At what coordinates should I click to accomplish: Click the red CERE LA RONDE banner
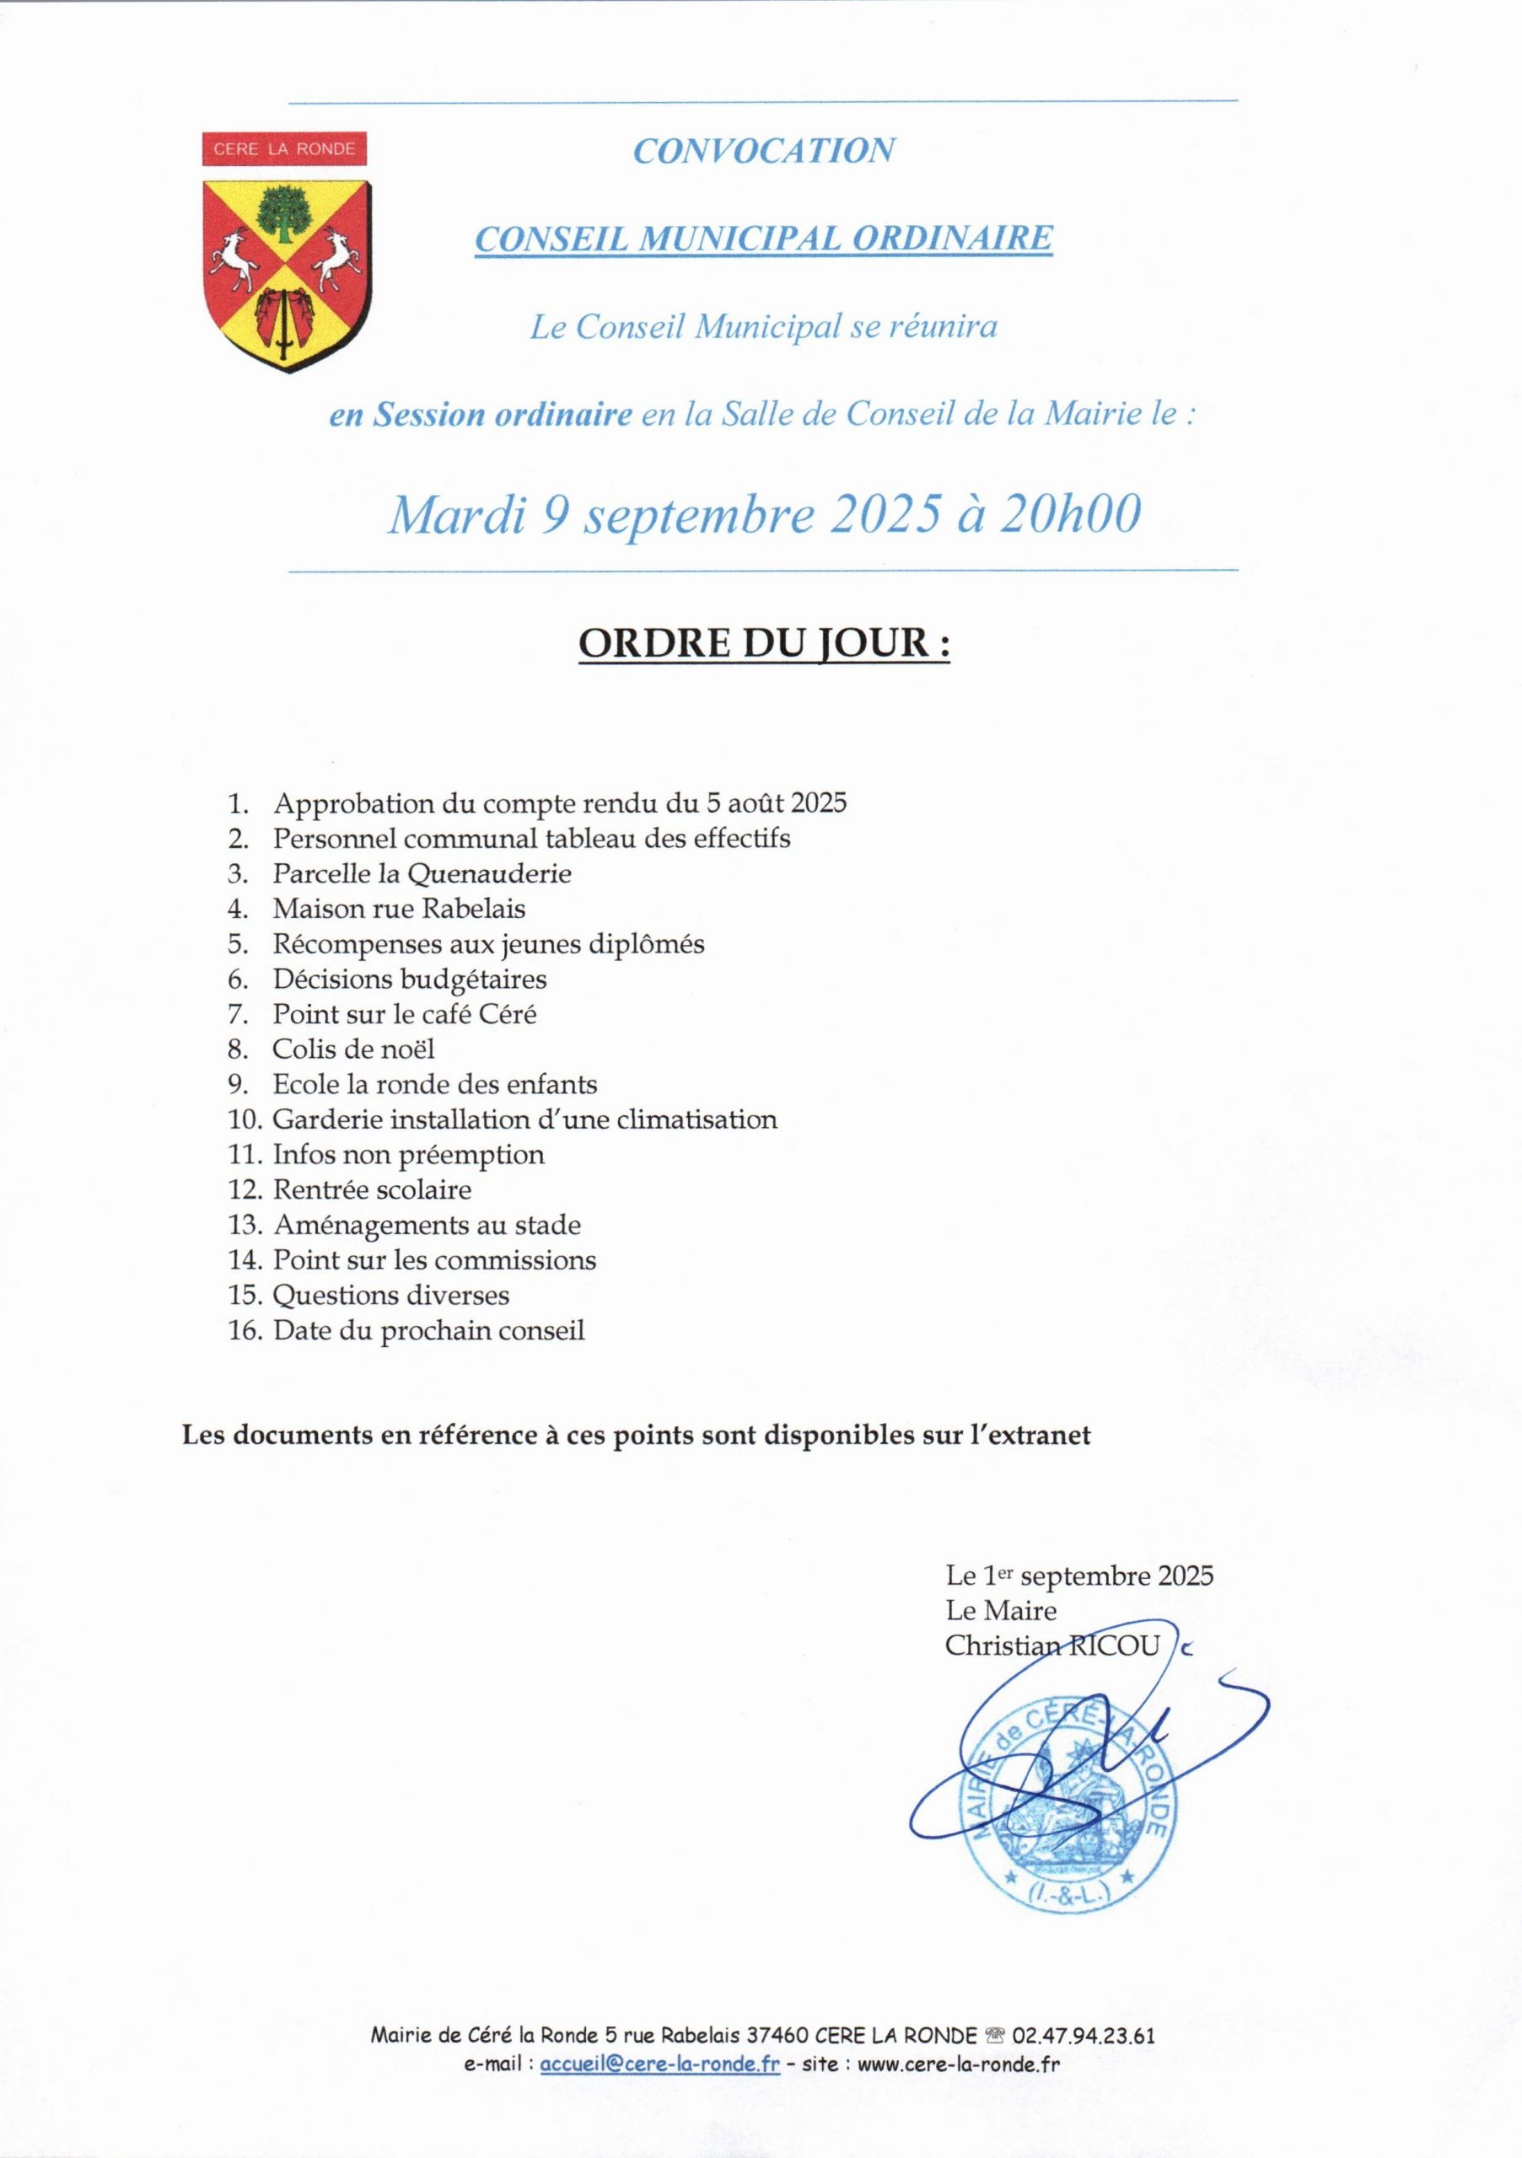click(283, 148)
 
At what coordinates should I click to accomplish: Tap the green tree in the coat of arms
click(283, 213)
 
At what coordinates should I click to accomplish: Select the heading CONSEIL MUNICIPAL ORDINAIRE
click(762, 239)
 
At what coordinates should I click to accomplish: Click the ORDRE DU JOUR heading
click(762, 645)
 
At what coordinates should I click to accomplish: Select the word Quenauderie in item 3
click(489, 874)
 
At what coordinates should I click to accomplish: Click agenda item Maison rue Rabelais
click(399, 909)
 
